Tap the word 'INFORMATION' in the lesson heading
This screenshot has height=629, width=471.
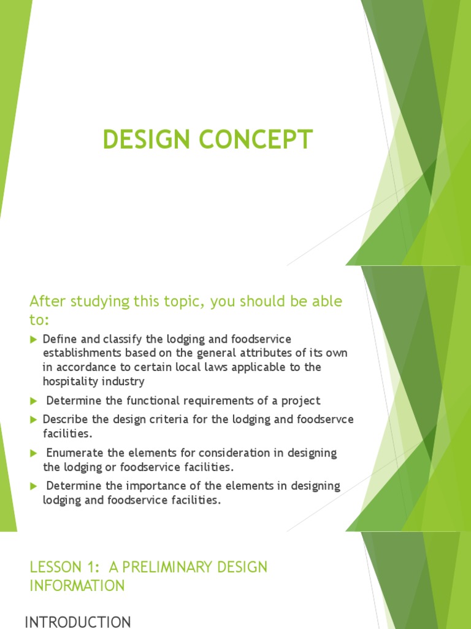(77, 586)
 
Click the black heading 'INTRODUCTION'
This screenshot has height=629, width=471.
(77, 622)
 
